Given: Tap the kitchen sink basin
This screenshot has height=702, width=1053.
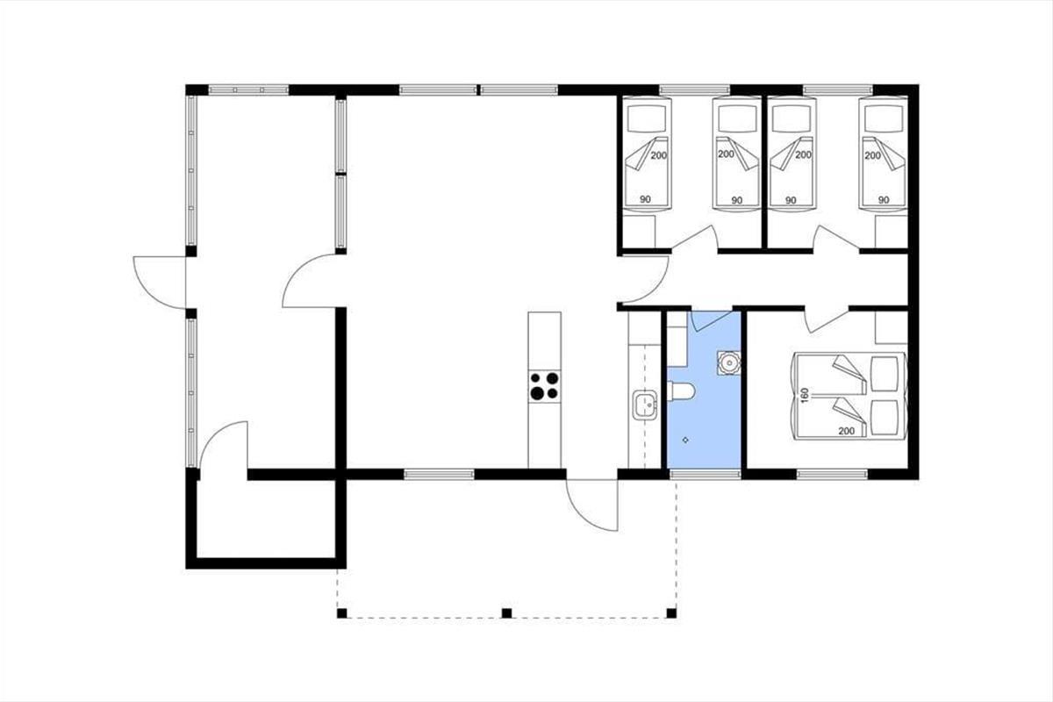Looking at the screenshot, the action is coord(645,405).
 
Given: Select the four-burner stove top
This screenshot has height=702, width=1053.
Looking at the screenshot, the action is coord(544,386).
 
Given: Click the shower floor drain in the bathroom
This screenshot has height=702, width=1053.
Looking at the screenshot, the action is coord(685,441).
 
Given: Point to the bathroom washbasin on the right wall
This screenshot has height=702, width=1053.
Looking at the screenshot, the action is coord(729,362).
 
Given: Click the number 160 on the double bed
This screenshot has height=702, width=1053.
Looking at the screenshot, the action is coord(805,396).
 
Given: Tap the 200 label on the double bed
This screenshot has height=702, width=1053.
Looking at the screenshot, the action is coord(846,431).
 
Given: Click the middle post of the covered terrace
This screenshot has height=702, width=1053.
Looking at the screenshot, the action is coord(506,613).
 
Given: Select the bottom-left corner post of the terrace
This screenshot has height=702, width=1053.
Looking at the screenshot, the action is coord(341,613).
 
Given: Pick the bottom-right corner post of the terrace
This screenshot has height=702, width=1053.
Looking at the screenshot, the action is coord(671,613).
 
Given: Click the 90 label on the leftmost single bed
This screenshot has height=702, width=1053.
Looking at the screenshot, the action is coord(646,199).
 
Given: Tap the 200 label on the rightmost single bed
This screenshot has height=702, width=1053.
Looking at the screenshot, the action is coord(872,155).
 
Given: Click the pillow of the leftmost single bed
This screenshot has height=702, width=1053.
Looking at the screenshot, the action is coord(647,118).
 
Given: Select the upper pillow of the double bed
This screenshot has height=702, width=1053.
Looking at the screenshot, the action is coord(885,373).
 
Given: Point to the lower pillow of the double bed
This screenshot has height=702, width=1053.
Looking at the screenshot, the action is coord(885,418).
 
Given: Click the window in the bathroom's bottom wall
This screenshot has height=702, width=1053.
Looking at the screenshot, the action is coord(705,475).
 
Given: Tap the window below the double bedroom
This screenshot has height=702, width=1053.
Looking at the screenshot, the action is coord(832,475).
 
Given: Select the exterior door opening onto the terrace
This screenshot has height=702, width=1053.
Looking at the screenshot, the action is coord(591,505).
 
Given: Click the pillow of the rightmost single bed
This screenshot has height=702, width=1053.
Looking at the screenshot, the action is coord(884,118).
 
